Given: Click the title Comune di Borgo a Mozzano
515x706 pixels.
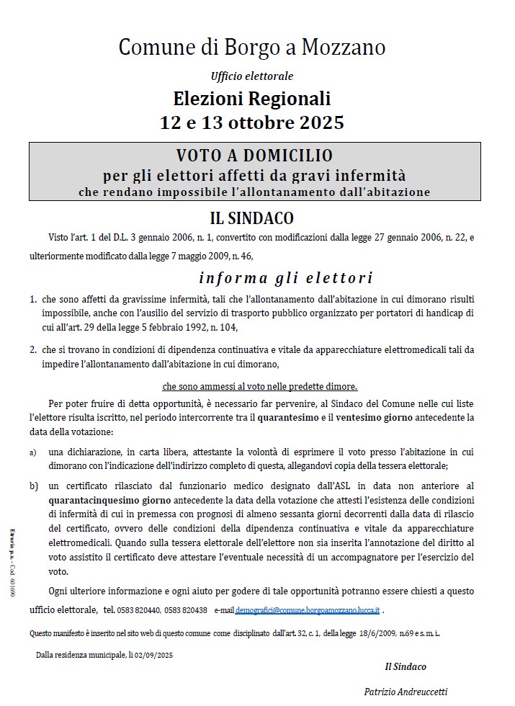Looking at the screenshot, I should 251,48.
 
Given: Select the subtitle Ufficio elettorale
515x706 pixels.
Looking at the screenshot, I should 252,76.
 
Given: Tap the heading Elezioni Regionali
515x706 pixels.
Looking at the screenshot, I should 252,97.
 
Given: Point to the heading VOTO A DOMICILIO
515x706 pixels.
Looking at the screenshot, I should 254,155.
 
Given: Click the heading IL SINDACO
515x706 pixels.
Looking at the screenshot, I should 251,218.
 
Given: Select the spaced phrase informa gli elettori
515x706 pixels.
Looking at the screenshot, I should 285,278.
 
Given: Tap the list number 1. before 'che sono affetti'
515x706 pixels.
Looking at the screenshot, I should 33,298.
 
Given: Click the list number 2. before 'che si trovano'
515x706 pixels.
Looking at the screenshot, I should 33,349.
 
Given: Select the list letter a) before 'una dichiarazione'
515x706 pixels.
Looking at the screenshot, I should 33,452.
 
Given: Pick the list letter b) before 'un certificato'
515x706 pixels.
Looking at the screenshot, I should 33,486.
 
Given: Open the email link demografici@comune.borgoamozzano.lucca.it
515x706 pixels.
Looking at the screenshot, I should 308,609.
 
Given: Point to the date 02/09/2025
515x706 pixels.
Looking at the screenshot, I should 155,655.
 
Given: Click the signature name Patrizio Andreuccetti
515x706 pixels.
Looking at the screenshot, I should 406,692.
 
